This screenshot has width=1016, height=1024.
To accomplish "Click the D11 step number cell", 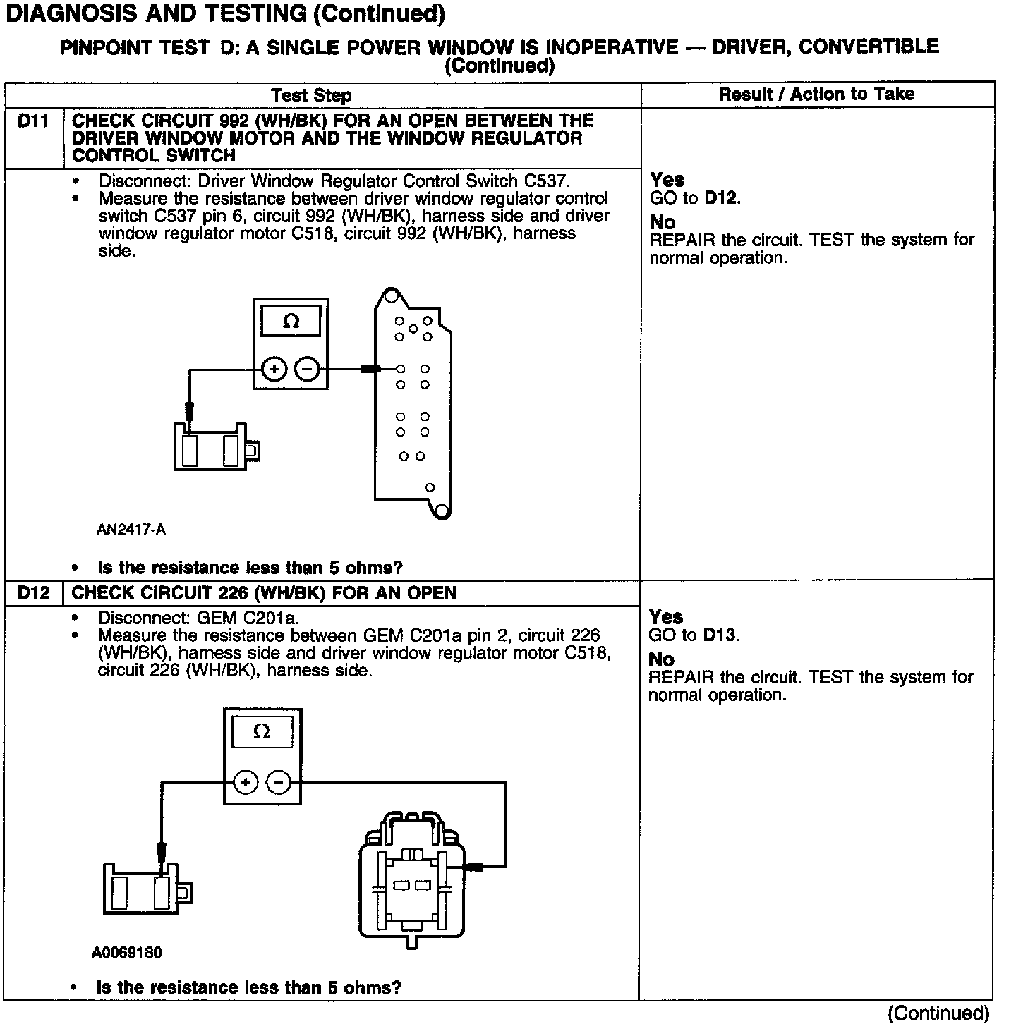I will pos(34,121).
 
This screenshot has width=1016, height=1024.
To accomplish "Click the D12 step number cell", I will pos(34,593).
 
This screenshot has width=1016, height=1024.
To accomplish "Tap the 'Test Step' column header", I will pos(311,95).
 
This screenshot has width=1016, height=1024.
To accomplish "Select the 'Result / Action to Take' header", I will pos(816,95).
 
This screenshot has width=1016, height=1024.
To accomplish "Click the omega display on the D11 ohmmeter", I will pos(291,322).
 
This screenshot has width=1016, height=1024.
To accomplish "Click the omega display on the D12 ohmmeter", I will pos(262,732).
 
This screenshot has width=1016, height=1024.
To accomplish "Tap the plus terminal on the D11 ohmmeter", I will pos(274,369).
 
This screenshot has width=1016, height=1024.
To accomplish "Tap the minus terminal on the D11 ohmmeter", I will pos(307,369).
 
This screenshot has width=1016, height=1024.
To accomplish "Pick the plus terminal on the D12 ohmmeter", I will pos(245,782).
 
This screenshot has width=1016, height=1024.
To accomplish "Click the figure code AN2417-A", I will pos(131,529).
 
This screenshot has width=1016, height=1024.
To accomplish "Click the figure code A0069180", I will pos(127,953).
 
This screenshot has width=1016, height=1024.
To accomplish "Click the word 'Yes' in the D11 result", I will pos(667,180).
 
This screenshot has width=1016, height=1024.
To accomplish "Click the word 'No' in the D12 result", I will pos(662,660).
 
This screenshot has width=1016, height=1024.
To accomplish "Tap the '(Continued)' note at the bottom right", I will pos(938,1013).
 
